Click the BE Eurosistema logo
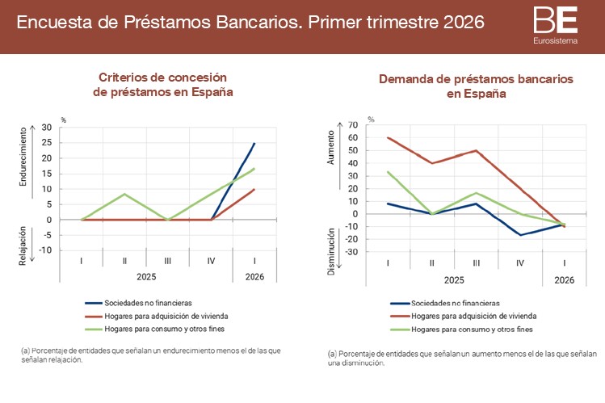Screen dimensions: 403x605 pos(556,24)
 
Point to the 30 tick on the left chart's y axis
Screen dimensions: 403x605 pos(46,128)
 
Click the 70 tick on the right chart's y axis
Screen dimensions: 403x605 pos(352,125)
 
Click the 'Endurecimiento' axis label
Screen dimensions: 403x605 pos(23,158)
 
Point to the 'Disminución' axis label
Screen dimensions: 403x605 pos(330,250)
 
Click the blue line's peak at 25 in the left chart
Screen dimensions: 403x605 pos(254,143)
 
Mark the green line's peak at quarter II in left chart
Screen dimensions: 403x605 pos(124,194)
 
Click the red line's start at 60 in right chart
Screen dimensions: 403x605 pos(388,137)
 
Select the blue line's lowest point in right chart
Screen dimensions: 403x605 pos(521,235)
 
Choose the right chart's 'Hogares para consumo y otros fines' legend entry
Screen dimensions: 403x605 pos(467,330)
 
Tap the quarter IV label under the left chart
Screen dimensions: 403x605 pos(211,261)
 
